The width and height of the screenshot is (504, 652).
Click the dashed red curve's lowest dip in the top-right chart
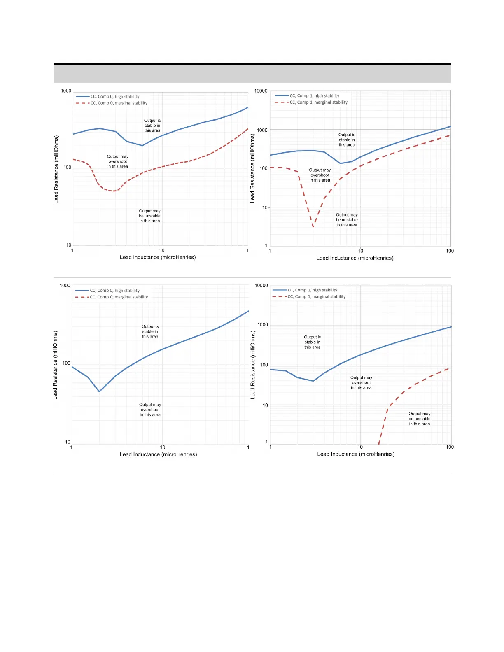click(313, 227)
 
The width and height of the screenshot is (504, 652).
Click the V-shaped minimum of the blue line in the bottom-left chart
click(99, 391)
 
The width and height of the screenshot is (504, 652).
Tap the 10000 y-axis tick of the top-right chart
click(261, 91)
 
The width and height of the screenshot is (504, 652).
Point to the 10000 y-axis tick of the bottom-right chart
click(261, 286)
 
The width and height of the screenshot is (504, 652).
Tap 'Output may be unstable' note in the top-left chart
click(150, 216)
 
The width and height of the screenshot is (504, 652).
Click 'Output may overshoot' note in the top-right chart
click(320, 175)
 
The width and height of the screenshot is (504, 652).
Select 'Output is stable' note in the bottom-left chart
click(150, 331)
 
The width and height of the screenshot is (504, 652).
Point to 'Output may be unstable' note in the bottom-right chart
click(420, 419)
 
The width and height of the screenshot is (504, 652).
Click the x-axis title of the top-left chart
click(158, 257)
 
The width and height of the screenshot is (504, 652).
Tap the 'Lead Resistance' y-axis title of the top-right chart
click(252, 168)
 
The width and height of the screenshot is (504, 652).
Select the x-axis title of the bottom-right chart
click(356, 454)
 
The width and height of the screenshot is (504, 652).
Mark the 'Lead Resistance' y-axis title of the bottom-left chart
click(56, 365)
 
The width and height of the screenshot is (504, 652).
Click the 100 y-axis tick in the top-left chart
click(67, 168)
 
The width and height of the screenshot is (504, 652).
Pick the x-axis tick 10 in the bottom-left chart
click(163, 447)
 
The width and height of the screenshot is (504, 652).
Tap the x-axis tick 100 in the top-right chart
click(450, 251)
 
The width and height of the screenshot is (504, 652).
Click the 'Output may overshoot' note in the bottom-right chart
click(361, 382)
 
